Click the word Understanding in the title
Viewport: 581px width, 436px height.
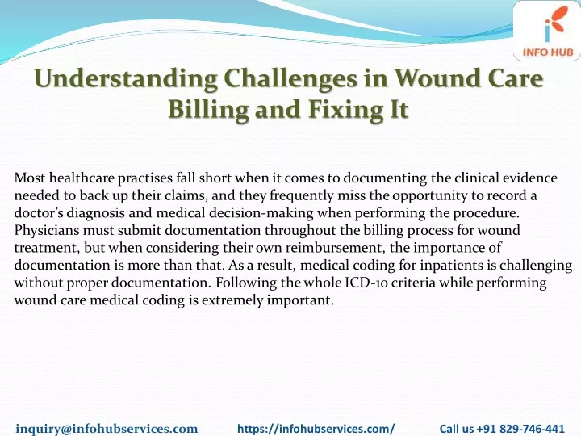tap(126, 79)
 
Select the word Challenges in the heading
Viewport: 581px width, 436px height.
tap(290, 79)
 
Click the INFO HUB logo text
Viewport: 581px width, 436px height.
tap(548, 52)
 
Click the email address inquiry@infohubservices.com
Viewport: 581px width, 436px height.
tap(107, 429)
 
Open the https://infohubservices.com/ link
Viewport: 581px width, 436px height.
tap(316, 429)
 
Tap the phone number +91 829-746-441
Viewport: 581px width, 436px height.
tap(520, 429)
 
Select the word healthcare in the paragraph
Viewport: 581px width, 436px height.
tap(82, 178)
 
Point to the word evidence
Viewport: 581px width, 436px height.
tap(530, 178)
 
